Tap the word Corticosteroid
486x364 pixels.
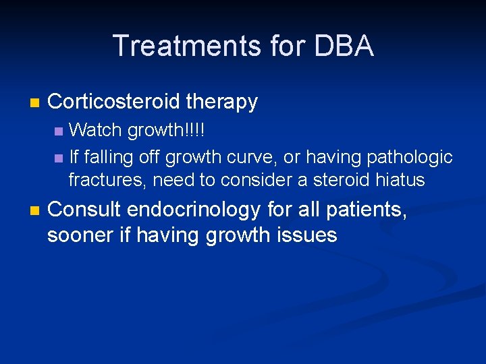[x=114, y=102]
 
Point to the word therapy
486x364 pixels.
[x=222, y=102]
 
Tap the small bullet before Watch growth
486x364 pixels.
[x=59, y=129]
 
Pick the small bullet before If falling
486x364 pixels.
[x=59, y=158]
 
